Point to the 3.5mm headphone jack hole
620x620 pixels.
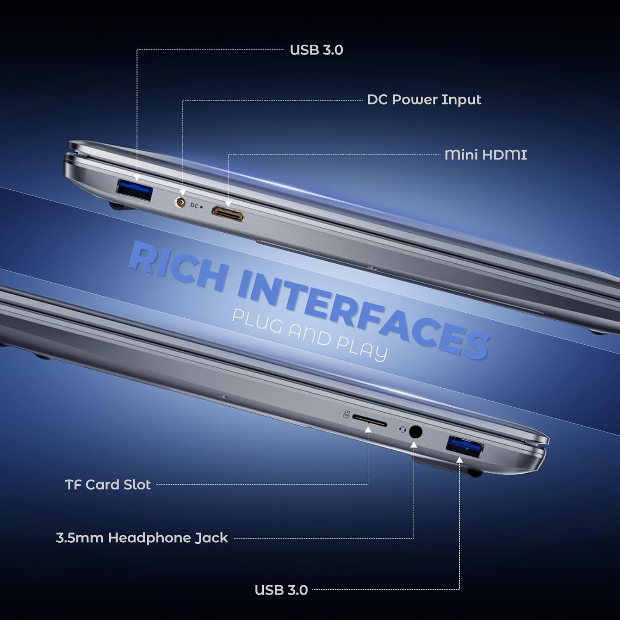(415, 432)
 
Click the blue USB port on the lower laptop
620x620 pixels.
(465, 448)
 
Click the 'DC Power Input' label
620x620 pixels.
(424, 100)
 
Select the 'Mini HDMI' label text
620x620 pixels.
(486, 155)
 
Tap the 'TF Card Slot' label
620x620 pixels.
(108, 484)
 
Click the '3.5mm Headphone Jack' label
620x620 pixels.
(142, 538)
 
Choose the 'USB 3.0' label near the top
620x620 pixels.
(317, 50)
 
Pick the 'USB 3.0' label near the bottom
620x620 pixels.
(281, 590)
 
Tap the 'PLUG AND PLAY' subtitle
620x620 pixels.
(310, 335)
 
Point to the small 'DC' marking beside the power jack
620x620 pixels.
(195, 205)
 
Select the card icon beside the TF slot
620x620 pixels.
(346, 414)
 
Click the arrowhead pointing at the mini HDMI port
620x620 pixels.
(228, 204)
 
